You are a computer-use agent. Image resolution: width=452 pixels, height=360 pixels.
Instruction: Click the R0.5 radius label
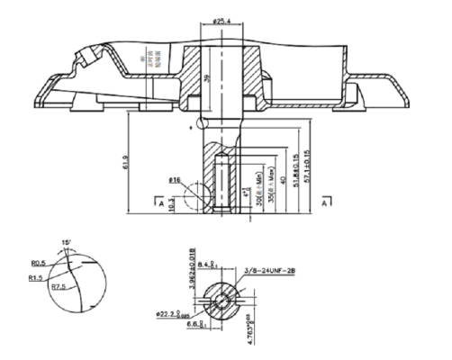coord(38,263)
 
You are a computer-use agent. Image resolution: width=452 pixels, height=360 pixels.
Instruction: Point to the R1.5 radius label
coord(35,278)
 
